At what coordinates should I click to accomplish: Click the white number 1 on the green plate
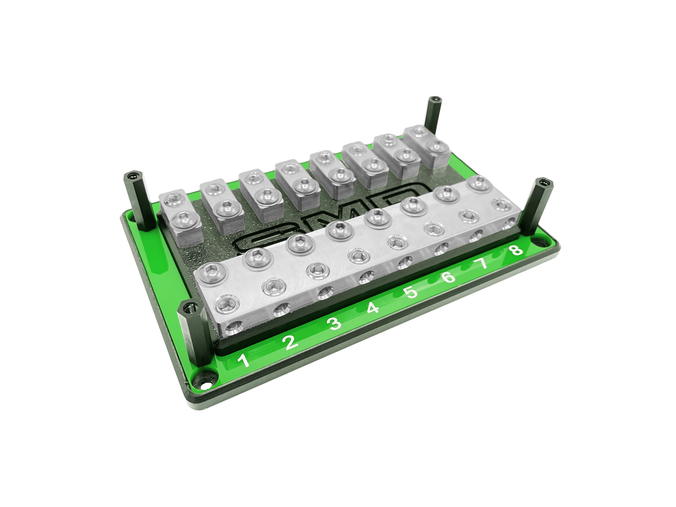click(x=243, y=361)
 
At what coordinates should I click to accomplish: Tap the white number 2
click(x=289, y=343)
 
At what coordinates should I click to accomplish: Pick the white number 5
click(x=411, y=292)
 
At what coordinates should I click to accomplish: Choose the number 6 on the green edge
click(x=448, y=277)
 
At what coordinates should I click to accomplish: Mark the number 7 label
click(x=483, y=263)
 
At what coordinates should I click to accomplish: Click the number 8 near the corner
click(x=516, y=249)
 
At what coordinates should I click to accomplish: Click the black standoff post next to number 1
click(x=195, y=333)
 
